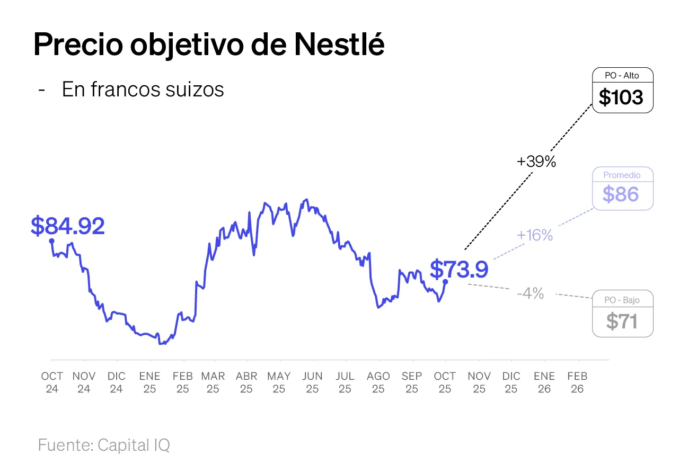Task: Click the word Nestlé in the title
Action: [x=339, y=44]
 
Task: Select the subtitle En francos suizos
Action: [x=143, y=90]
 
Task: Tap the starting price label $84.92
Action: [x=68, y=226]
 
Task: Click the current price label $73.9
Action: [x=458, y=269]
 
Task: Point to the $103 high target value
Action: [x=621, y=97]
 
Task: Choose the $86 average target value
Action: [x=621, y=195]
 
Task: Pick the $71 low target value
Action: [x=622, y=322]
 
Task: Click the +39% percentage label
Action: [x=536, y=162]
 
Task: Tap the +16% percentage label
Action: [x=535, y=235]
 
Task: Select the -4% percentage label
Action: [x=531, y=293]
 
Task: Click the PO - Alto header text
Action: [x=622, y=76]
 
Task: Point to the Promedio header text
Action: [x=622, y=175]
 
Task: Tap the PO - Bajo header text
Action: [x=622, y=300]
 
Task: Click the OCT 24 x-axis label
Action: [x=52, y=382]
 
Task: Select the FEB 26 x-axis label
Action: [x=577, y=382]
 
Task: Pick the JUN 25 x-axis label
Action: [x=312, y=382]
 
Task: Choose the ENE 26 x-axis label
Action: [x=544, y=382]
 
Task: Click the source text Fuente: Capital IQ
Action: [x=104, y=445]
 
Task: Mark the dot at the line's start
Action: [x=51, y=240]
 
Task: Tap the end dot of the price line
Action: [x=445, y=282]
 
